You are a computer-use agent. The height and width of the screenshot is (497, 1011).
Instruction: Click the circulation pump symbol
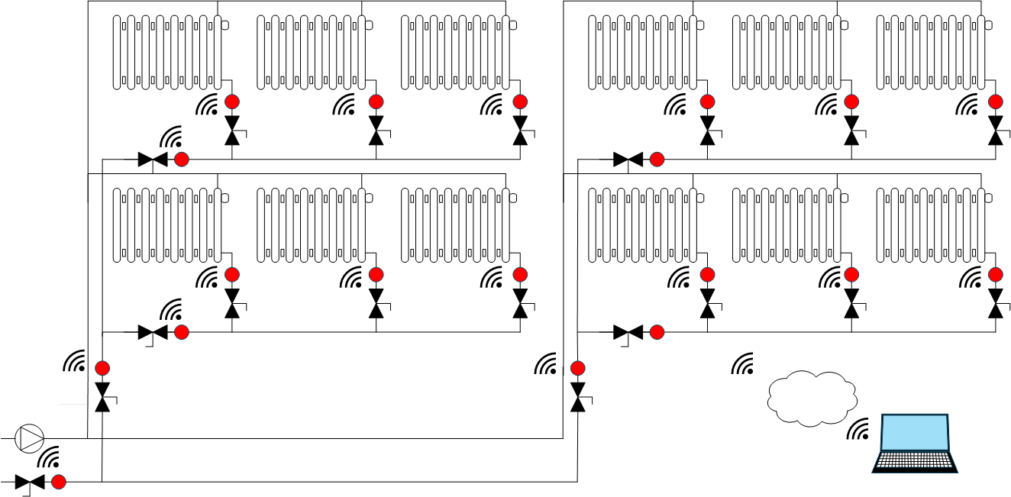(30, 438)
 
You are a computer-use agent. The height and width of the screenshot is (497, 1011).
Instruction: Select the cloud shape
(810, 398)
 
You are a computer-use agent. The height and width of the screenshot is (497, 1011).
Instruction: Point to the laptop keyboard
(915, 461)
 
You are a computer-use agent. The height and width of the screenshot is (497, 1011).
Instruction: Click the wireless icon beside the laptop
(859, 431)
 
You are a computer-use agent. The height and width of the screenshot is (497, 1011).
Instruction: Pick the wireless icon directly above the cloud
(744, 364)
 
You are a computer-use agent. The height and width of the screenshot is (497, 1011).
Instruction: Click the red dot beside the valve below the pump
(59, 482)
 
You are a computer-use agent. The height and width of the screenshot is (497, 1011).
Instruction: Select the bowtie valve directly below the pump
(30, 482)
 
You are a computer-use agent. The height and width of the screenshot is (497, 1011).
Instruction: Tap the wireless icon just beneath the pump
(50, 458)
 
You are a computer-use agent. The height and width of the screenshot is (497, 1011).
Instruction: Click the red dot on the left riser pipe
(102, 368)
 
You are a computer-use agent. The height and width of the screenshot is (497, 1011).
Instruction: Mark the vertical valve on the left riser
(102, 397)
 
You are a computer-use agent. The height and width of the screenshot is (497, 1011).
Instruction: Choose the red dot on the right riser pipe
(578, 368)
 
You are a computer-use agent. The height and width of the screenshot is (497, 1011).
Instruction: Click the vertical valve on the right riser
(578, 397)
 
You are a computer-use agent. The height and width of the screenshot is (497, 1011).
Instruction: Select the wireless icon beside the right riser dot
(547, 365)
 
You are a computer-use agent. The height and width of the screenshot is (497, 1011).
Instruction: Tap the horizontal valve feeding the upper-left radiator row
(153, 160)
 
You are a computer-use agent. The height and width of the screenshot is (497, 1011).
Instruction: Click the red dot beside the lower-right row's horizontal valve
(657, 332)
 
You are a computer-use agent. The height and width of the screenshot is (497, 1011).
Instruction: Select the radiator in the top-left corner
(167, 52)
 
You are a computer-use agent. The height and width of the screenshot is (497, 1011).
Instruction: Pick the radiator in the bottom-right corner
(930, 224)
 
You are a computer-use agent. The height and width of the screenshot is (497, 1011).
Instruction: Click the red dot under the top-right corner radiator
(996, 102)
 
